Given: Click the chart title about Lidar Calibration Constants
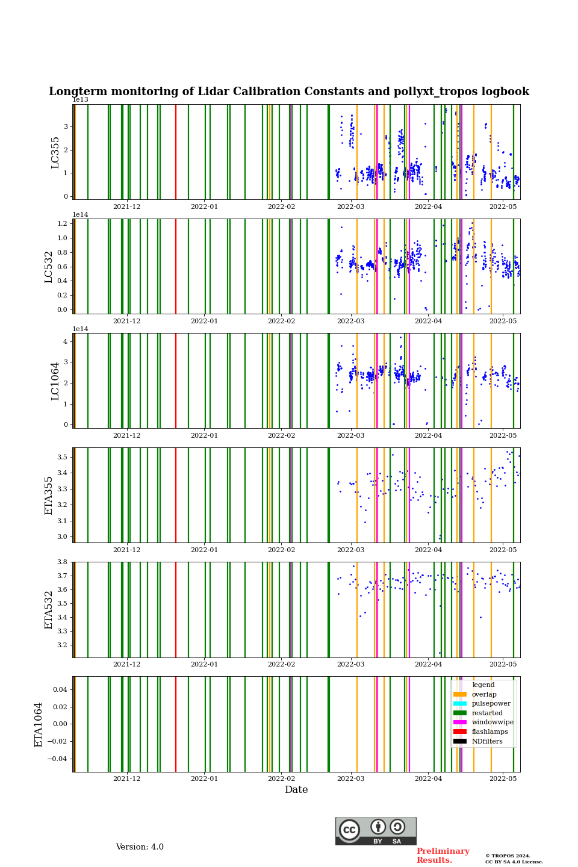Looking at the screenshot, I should point(289,92).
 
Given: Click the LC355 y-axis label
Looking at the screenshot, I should point(55,152).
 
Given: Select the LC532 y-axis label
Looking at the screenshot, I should point(49,267).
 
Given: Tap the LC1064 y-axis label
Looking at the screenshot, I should point(55,381).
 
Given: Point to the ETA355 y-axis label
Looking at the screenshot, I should point(49,496).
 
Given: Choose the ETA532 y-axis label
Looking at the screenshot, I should point(49,610).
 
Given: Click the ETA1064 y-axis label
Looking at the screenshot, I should point(39,724).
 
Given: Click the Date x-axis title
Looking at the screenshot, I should point(296,790).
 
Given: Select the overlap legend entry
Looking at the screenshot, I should point(484,694).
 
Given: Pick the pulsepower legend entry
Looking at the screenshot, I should point(491,703).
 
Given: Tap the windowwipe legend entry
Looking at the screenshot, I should point(493,722).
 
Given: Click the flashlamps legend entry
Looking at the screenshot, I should point(489,732).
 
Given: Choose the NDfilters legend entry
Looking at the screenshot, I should point(487,741).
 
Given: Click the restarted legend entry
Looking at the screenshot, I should point(487,713).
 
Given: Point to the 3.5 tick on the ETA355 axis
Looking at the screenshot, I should point(63,458).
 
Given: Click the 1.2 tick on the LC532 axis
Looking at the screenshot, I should point(63,223).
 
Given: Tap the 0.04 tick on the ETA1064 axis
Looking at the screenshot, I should point(60,689).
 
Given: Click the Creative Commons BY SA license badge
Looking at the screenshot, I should point(376,831).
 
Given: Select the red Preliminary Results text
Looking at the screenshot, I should point(443,856).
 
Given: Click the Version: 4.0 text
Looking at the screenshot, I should point(140,847).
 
